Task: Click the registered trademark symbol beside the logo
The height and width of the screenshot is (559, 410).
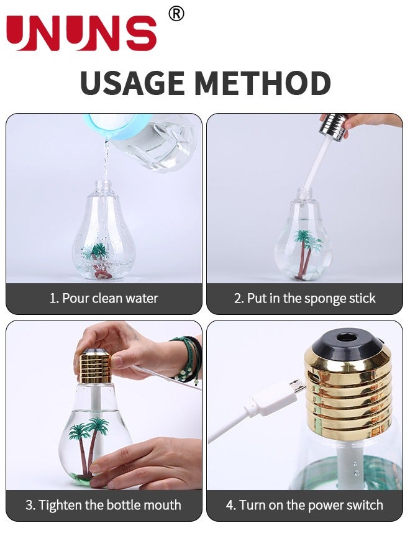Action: tap(176, 14)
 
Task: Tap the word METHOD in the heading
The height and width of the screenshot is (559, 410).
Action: tap(263, 83)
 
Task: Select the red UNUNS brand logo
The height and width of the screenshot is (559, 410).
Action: tap(81, 33)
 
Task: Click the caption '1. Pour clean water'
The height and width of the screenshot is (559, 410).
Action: tap(103, 298)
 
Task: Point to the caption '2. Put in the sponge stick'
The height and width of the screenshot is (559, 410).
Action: tap(305, 298)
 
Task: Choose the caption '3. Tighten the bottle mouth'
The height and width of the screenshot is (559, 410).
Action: tap(103, 505)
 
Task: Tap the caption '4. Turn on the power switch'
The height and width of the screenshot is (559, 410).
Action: tap(305, 505)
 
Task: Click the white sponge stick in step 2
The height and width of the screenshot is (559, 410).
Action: tap(314, 165)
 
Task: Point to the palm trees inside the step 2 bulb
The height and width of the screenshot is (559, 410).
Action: tap(307, 253)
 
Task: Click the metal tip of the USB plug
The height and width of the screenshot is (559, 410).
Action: tap(296, 387)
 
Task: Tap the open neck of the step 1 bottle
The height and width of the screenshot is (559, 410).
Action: tap(104, 184)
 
